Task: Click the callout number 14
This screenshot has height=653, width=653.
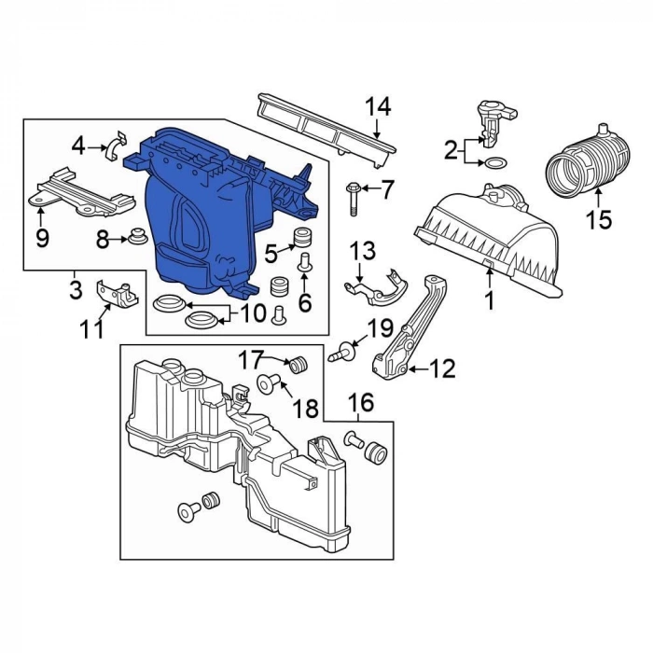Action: coord(379,107)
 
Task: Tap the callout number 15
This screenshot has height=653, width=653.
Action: coord(599,219)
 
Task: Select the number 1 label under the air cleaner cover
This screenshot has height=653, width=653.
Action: coord(490,300)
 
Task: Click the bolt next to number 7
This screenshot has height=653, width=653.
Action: coord(353,199)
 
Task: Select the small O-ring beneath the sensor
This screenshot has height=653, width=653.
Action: coord(493,163)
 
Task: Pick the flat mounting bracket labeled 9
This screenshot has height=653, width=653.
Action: coord(81,195)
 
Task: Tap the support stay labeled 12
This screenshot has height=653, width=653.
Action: coord(410,329)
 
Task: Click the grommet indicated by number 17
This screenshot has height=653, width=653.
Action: coord(298,366)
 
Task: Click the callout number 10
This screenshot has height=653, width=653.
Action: coord(253,313)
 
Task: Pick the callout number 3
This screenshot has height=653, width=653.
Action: coord(76,289)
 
